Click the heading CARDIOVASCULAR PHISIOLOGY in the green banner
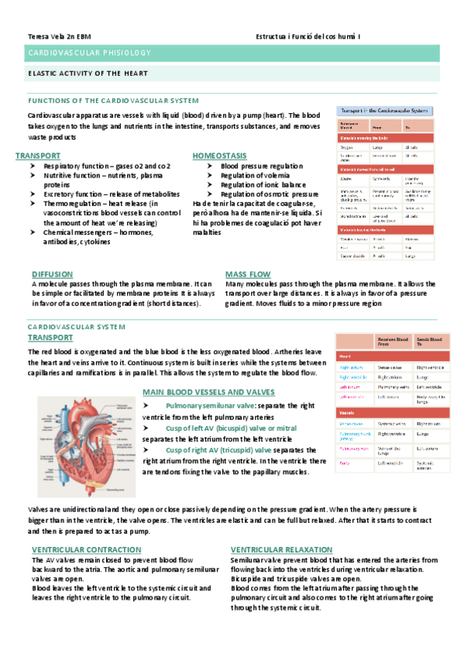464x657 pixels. point(89,53)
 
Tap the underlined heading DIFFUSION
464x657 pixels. point(53,274)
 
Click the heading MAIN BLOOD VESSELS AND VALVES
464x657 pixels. point(208,393)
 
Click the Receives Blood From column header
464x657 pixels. point(394,342)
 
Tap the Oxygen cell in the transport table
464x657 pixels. point(347,146)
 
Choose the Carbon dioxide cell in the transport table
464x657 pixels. point(352,255)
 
